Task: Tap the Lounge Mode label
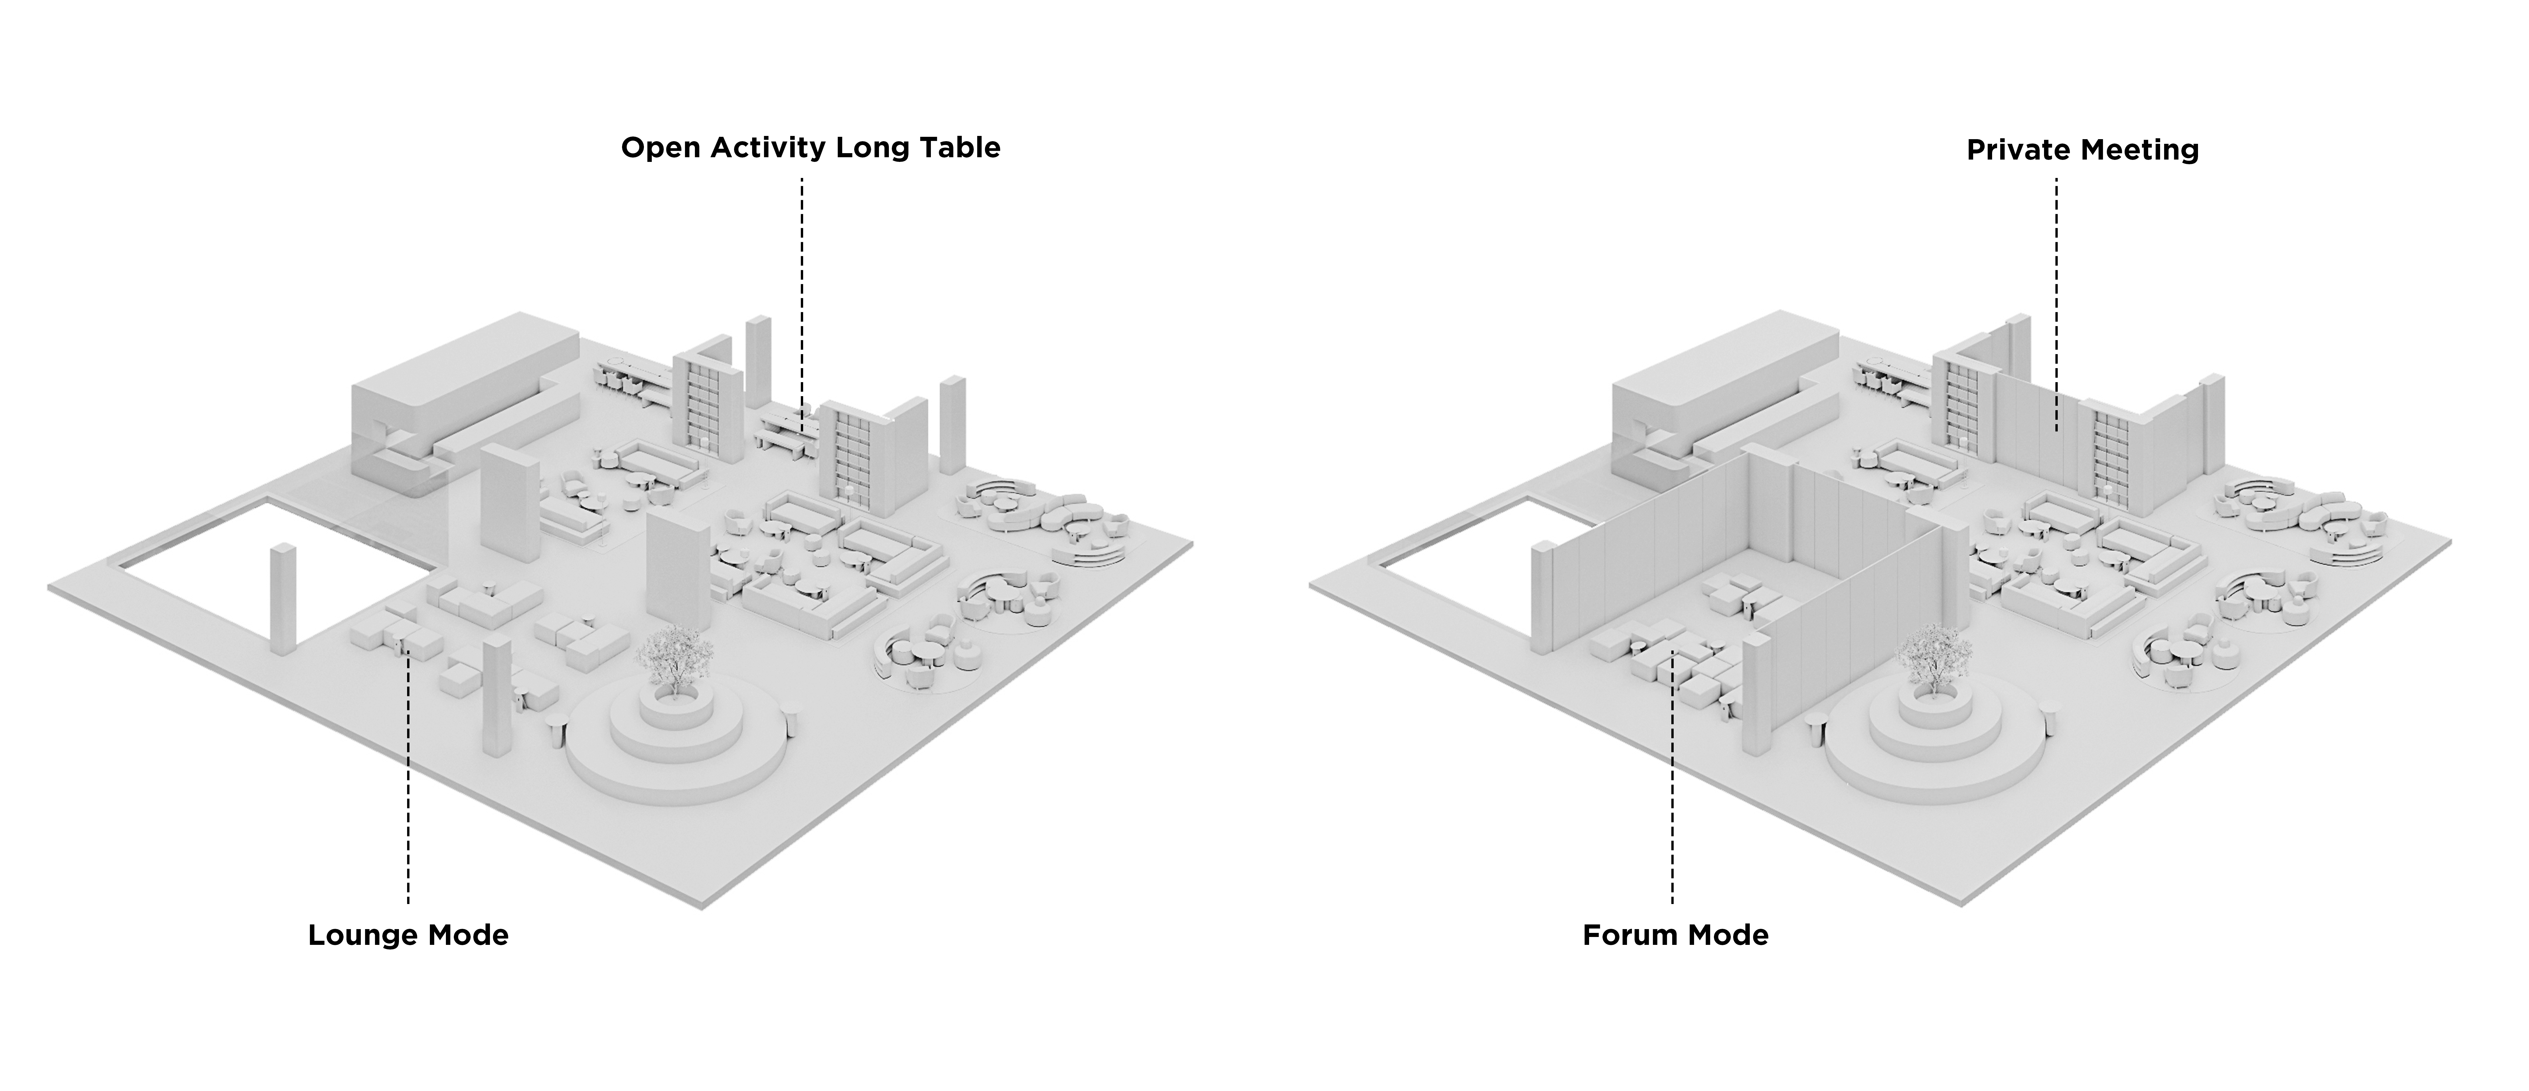pyautogui.click(x=408, y=935)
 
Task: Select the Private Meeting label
pyautogui.click(x=2082, y=150)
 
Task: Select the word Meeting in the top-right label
pyautogui.click(x=2140, y=150)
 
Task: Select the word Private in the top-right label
pyautogui.click(x=2018, y=150)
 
